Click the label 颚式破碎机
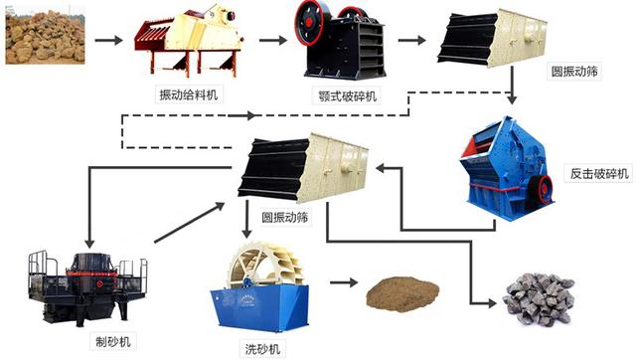(346, 97)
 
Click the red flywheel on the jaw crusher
(314, 30)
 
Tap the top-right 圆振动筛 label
(575, 72)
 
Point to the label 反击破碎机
(596, 175)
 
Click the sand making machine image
(86, 284)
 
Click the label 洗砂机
(261, 348)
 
